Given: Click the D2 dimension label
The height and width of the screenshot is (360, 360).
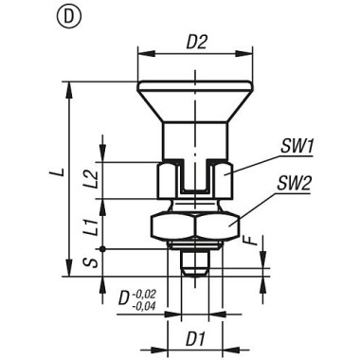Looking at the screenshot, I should pyautogui.click(x=196, y=43).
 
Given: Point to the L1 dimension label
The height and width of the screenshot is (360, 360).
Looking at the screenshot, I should pyautogui.click(x=112, y=226).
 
